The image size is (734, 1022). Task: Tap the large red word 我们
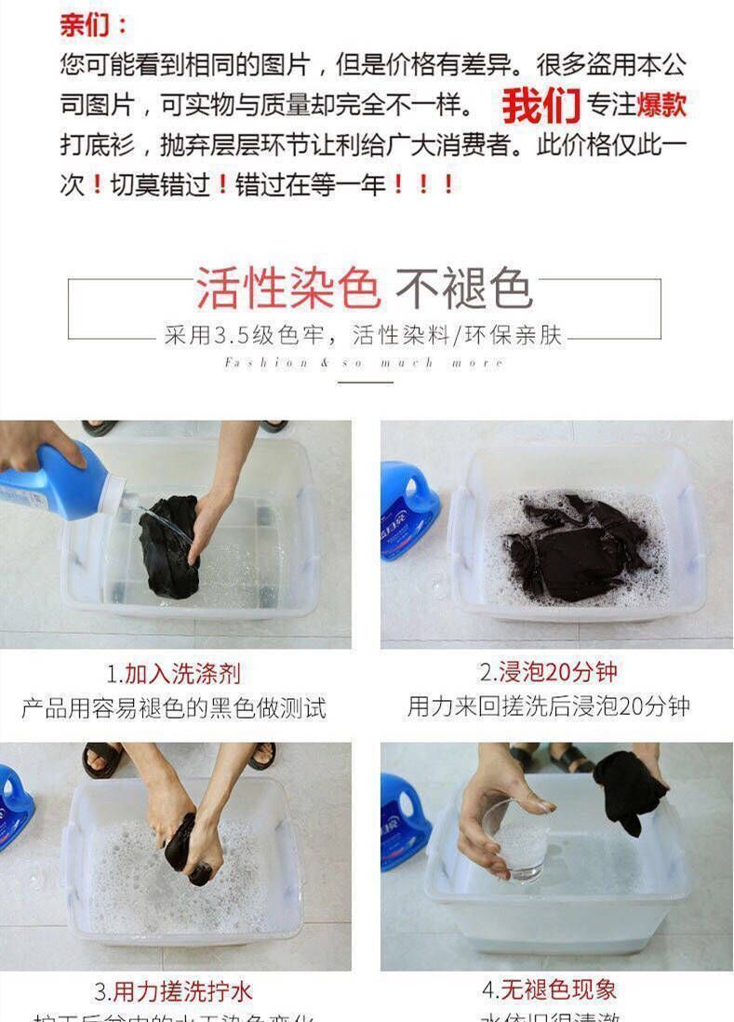[541, 106]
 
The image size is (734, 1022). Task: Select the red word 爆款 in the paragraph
[661, 104]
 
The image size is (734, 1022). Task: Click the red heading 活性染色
[287, 289]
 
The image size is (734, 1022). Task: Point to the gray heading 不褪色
[462, 289]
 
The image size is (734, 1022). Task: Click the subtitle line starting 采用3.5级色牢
[364, 336]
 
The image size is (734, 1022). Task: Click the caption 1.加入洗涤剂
[174, 673]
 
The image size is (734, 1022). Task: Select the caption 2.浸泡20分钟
[548, 672]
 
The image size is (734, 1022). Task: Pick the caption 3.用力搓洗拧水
[173, 990]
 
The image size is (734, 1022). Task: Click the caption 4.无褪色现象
[548, 989]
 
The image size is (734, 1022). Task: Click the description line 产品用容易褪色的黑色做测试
[174, 707]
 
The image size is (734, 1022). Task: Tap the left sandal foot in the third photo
[103, 759]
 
